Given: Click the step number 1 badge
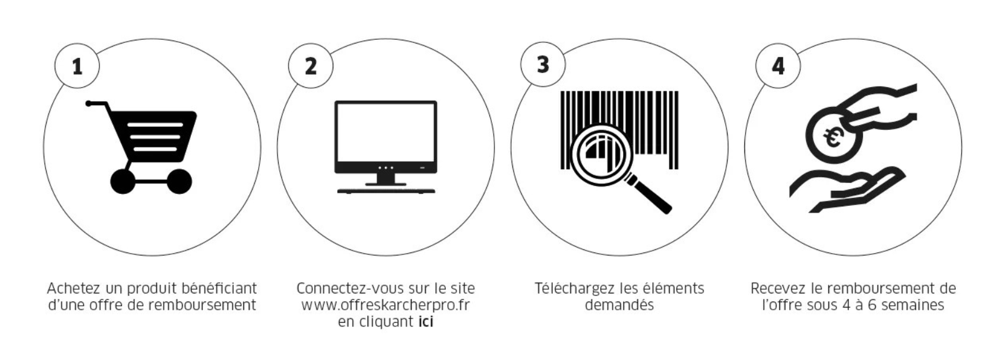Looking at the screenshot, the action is click(77, 66).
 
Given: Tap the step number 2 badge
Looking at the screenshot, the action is click(311, 66).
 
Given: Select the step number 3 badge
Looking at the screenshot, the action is click(544, 65).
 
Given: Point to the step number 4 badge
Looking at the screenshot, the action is click(778, 66).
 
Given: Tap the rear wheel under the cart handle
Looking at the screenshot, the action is click(123, 181).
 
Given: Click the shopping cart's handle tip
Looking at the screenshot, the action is click(88, 103).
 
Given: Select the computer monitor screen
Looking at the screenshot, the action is click(386, 133).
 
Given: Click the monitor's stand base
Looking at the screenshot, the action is click(386, 191).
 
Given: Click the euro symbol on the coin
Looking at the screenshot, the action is click(831, 138).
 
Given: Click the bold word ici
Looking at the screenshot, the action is click(425, 321).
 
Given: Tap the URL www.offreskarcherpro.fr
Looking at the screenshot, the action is click(386, 305).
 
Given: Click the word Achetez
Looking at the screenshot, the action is click(74, 288).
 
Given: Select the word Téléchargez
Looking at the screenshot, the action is click(575, 288).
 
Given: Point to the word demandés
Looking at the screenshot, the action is click(619, 305).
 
